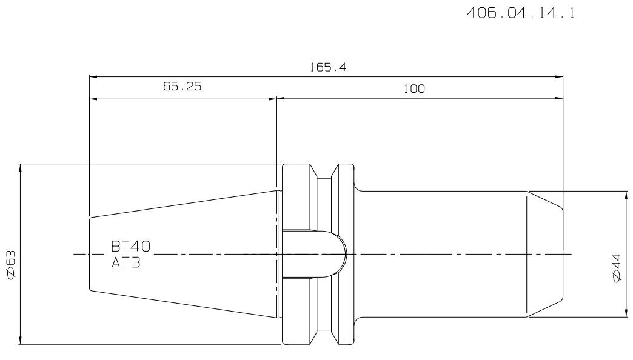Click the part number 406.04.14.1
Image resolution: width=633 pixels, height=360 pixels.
[x=520, y=13]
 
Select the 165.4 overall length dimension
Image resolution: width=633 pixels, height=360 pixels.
[x=328, y=67]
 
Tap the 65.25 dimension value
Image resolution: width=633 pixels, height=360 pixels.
[x=182, y=87]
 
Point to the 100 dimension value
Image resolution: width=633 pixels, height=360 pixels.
[x=414, y=89]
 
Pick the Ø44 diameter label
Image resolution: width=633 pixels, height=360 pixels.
[x=617, y=268]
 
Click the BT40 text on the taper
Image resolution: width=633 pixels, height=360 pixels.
[x=130, y=246]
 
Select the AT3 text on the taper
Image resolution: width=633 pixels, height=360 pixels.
[x=126, y=263]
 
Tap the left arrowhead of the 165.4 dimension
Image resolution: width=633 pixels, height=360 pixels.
[x=93, y=76]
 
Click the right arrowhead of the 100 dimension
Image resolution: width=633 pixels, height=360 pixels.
[x=558, y=98]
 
